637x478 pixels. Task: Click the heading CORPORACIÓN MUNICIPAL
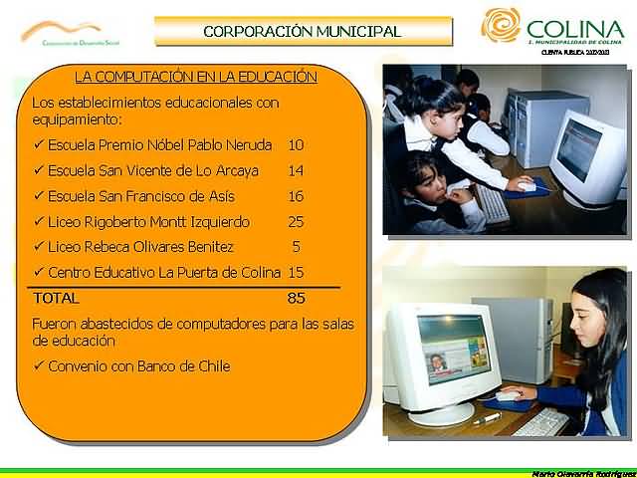pyautogui.click(x=302, y=31)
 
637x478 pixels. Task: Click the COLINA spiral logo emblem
pyautogui.click(x=500, y=26)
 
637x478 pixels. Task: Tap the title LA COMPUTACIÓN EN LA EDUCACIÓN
pyautogui.click(x=196, y=76)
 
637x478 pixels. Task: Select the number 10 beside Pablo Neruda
pyautogui.click(x=296, y=144)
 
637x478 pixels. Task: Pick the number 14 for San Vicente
pyautogui.click(x=296, y=170)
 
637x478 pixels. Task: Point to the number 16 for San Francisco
pyautogui.click(x=296, y=196)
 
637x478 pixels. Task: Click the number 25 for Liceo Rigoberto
pyautogui.click(x=296, y=222)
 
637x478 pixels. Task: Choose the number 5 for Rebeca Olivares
pyautogui.click(x=297, y=247)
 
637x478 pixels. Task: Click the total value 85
pyautogui.click(x=296, y=298)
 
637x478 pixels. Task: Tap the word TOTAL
pyautogui.click(x=56, y=298)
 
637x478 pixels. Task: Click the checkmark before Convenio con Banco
pyautogui.click(x=38, y=365)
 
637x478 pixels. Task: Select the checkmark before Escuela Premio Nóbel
pyautogui.click(x=38, y=144)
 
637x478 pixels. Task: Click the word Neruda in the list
pyautogui.click(x=250, y=144)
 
